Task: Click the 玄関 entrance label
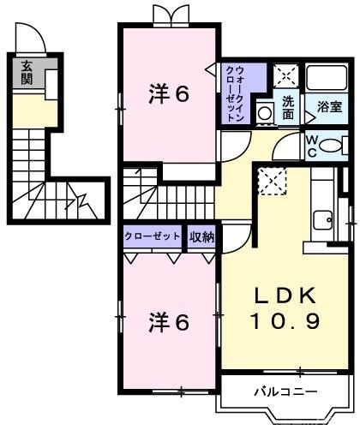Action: click(27, 72)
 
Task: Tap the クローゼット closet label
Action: click(153, 236)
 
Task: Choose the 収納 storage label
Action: click(201, 236)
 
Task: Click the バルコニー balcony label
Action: click(285, 392)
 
